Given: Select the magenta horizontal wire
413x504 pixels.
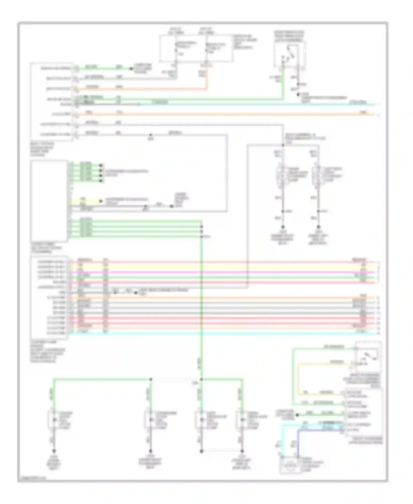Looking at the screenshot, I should pyautogui.click(x=220, y=272).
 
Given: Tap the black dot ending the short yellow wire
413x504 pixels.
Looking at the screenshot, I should pyautogui.click(x=101, y=201).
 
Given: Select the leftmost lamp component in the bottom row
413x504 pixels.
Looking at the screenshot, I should pyautogui.click(x=54, y=420).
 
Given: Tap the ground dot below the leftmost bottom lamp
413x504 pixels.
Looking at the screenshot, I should pyautogui.click(x=54, y=451).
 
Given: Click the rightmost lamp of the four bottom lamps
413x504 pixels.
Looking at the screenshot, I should pyautogui.click(x=242, y=420).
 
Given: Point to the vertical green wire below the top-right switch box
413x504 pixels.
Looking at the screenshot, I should pyautogui.click(x=282, y=83).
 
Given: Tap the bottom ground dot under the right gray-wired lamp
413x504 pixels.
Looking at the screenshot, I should pyautogui.click(x=318, y=227).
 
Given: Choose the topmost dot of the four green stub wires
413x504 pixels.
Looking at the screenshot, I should pyautogui.click(x=101, y=165).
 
